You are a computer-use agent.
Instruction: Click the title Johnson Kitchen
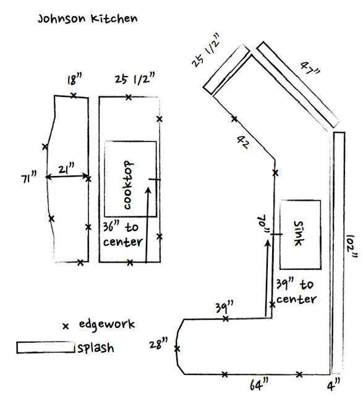[x=87, y=18]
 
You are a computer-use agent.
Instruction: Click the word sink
[x=299, y=233]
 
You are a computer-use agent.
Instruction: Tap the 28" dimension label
[x=160, y=344]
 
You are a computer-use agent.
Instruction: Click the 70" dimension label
[x=266, y=224]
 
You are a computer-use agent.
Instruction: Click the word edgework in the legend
[x=106, y=324]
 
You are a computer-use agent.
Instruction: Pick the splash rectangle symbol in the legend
[x=45, y=348]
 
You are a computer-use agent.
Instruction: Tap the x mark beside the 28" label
[x=177, y=349]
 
